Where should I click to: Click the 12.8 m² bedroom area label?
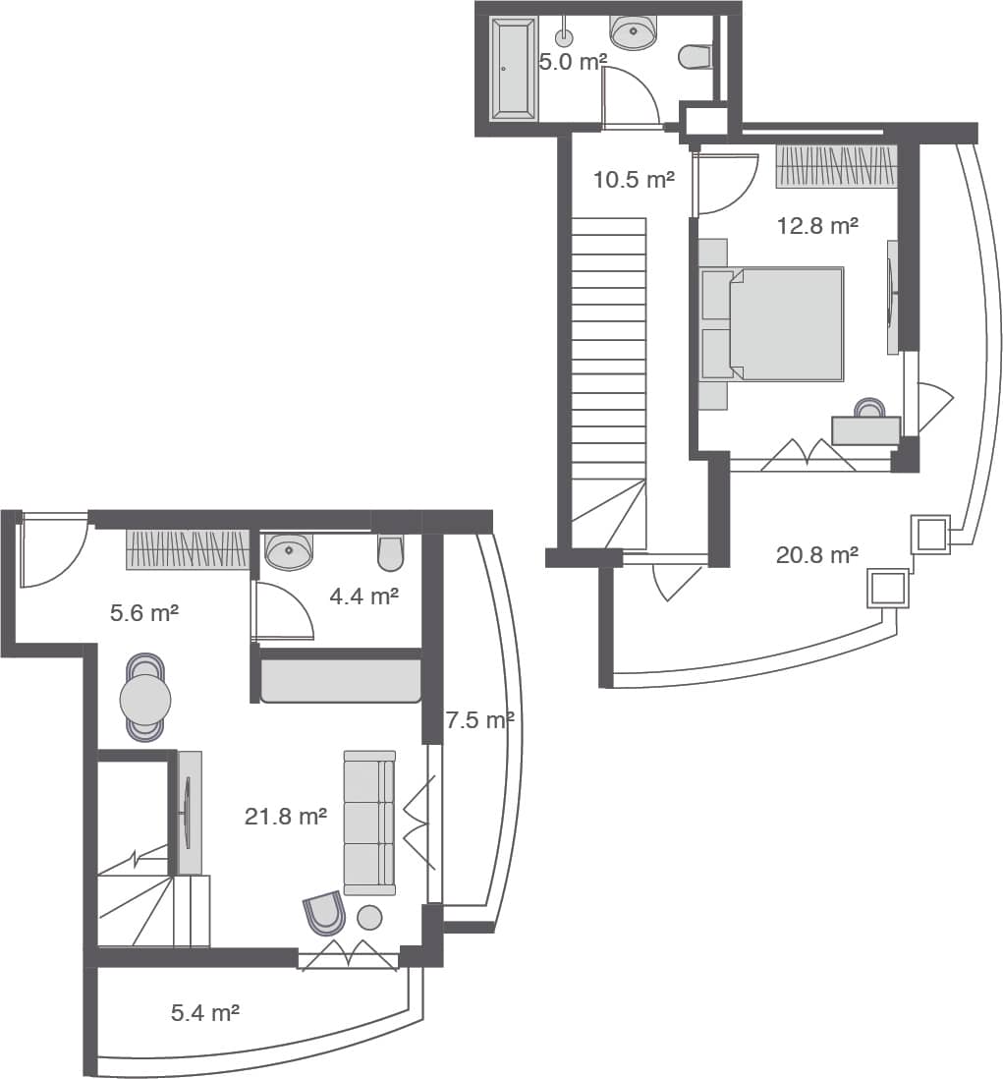point(817,226)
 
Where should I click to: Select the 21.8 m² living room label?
point(285,816)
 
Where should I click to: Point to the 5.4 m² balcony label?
point(205,1012)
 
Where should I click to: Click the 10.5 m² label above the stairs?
point(634,180)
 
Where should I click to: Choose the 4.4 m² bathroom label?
point(363,596)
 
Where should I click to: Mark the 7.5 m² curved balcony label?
point(479,720)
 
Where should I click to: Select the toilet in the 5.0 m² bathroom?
point(696,57)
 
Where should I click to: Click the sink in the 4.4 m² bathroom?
point(289,551)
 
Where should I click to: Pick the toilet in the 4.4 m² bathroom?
point(390,553)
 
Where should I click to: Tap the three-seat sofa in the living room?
point(368,823)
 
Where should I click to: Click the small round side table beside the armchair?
point(369,918)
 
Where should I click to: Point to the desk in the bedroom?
point(865,430)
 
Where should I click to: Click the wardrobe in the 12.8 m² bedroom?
point(836,166)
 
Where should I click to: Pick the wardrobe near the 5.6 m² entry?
point(188,549)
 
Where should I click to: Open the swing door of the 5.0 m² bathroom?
point(630,98)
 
